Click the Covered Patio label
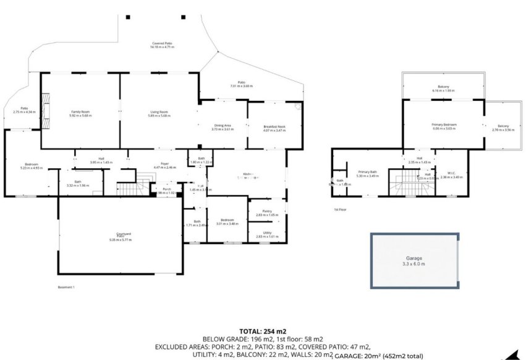point(162,45)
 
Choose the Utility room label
point(267,234)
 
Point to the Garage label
point(414,259)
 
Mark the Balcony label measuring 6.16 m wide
point(443,88)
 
